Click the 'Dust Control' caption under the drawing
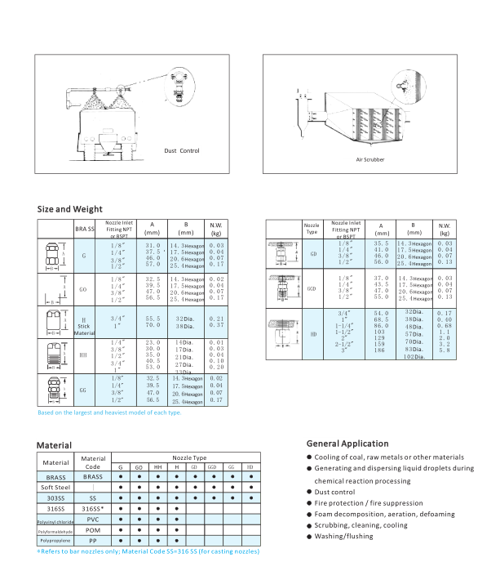pos(181,151)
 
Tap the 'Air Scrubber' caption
pos(369,159)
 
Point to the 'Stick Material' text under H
pos(84,328)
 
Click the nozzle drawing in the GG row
pos(51,390)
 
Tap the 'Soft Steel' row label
pos(56,487)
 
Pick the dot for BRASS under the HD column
pos(249,476)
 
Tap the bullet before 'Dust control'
pos(310,492)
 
